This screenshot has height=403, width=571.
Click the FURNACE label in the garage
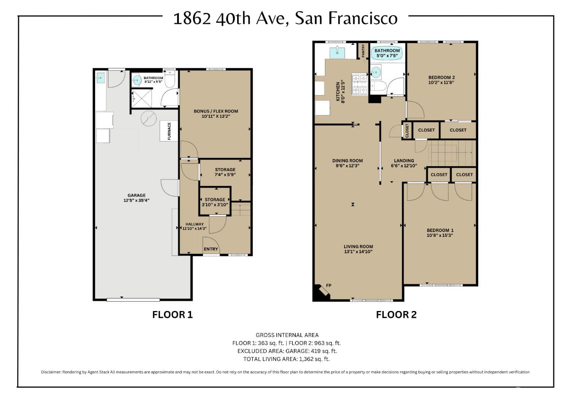[x=169, y=131]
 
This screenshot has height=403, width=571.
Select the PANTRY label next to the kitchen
[x=363, y=51]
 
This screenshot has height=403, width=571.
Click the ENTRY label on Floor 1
[x=211, y=249]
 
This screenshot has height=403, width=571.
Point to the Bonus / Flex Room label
[x=215, y=111]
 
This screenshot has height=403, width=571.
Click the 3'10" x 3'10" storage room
[x=215, y=201]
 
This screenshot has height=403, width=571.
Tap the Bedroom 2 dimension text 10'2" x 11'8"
[x=441, y=82]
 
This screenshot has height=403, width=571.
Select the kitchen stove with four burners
[x=359, y=84]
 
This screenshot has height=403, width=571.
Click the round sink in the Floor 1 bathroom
[x=137, y=80]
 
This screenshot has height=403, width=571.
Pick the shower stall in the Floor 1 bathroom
[x=142, y=98]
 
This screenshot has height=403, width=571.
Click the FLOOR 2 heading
[x=396, y=315]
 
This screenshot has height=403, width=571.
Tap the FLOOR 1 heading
[x=172, y=315]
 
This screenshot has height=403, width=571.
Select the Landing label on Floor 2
[x=404, y=160]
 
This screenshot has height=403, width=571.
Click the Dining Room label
[x=347, y=160]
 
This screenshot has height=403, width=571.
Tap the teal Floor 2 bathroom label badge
[x=387, y=53]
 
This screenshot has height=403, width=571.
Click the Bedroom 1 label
[x=440, y=230]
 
